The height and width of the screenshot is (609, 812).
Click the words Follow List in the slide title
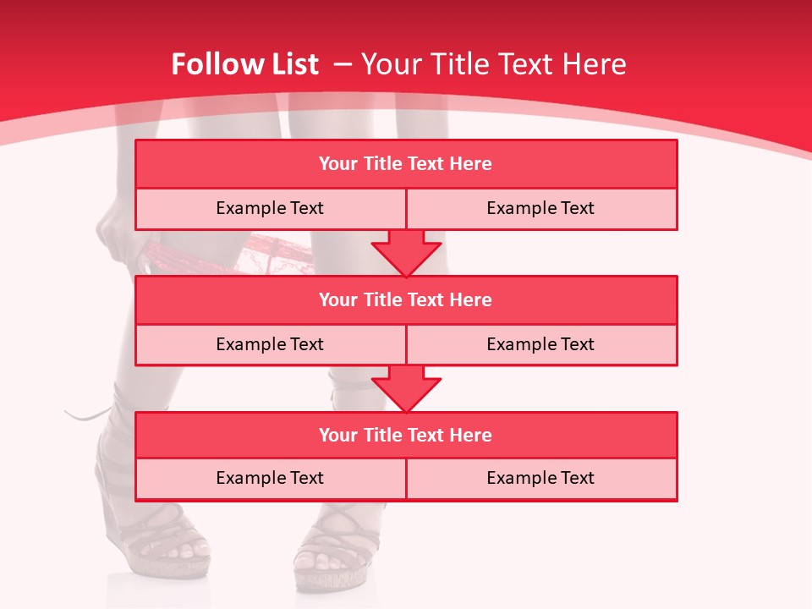244,64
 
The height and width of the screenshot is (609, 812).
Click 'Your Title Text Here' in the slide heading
493,64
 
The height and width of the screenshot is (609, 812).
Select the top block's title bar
406,164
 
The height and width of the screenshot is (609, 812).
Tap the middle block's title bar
406,299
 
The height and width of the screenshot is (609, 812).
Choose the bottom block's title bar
406,435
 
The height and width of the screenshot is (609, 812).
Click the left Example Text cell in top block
270,208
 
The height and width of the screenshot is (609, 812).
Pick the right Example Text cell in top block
540,208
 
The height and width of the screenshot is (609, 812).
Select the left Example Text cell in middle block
270,344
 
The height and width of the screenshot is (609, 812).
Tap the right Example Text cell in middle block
540,344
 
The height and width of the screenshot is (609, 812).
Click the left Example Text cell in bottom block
270,478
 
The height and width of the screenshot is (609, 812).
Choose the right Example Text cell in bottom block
540,478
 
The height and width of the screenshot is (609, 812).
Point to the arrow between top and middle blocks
406,253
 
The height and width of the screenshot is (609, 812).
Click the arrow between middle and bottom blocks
406,388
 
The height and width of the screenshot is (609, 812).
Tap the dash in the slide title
343,64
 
